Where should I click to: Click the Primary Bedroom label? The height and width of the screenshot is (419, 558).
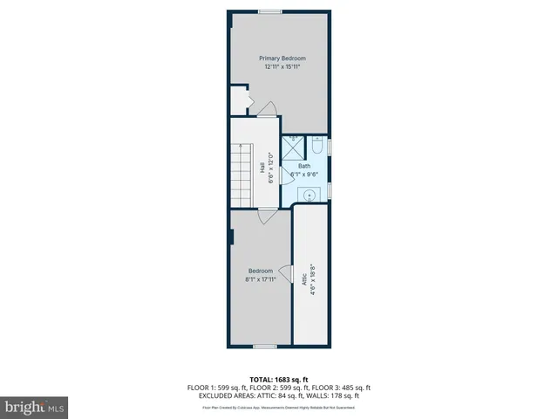coord(282,58)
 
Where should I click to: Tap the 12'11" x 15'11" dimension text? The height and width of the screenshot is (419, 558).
coord(282,66)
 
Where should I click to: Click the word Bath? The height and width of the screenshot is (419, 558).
coord(304,166)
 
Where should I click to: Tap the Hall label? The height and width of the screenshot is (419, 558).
coord(262,168)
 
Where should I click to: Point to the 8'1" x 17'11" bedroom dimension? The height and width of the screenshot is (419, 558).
coord(261,279)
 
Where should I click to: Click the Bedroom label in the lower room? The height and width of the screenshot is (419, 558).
coord(261,271)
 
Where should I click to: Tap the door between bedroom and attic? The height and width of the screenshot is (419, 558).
coord(285,276)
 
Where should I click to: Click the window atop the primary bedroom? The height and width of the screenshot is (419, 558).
coord(269,11)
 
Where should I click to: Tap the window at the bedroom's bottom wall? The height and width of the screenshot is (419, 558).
coord(265,347)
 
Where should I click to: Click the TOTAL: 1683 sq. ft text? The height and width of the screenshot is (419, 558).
coord(279,379)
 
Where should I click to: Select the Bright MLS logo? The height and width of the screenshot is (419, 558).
coord(35,408)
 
